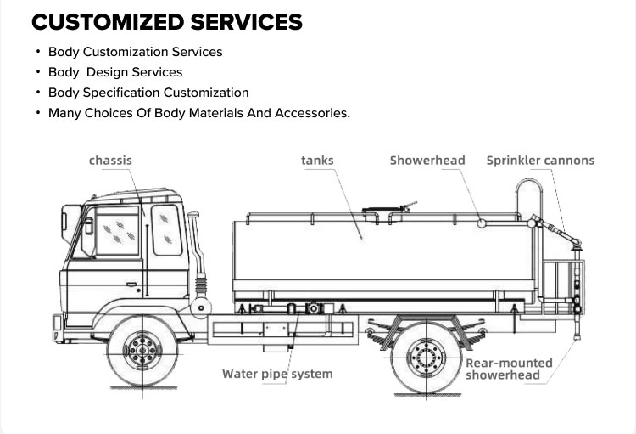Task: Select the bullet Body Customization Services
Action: click(x=135, y=52)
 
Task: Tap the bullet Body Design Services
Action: click(x=115, y=72)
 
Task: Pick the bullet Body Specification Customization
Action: click(x=148, y=93)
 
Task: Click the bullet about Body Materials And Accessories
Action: click(x=198, y=113)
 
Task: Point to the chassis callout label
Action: click(x=110, y=160)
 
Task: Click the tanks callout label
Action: click(x=317, y=160)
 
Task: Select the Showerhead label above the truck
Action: click(x=427, y=160)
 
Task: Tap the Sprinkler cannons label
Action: click(x=540, y=160)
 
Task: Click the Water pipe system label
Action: click(x=277, y=374)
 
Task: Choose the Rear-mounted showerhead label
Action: click(x=509, y=369)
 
